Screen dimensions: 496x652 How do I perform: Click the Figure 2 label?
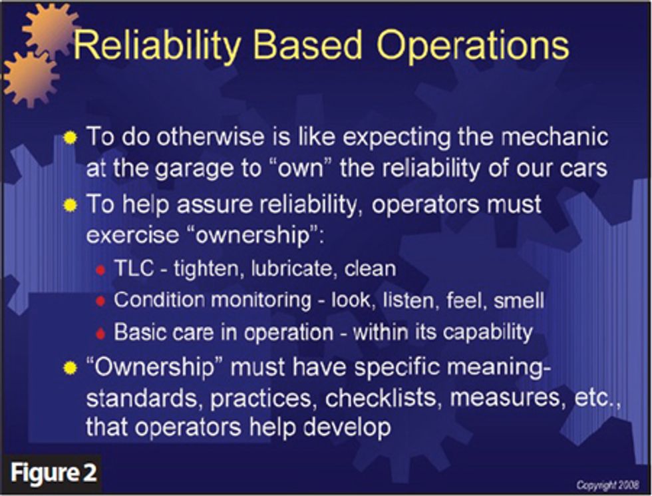click(53, 473)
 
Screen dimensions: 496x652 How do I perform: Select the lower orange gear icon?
click(29, 78)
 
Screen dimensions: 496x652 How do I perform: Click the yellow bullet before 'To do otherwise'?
click(70, 138)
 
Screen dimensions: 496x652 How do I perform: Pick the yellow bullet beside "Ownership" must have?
click(70, 368)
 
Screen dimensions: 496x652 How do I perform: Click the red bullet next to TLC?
click(100, 269)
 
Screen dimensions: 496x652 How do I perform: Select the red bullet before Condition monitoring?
click(100, 301)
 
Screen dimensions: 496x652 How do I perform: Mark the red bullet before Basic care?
click(100, 333)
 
